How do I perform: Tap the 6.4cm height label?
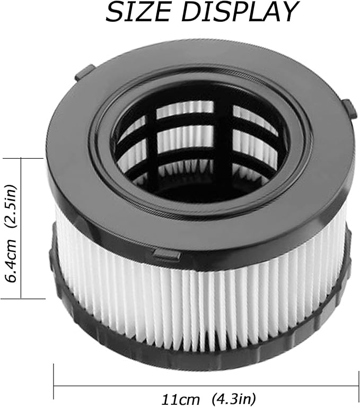pyautogui.click(x=12, y=262)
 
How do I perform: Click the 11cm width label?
pyautogui.click(x=181, y=399)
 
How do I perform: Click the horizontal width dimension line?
pyautogui.click(x=206, y=386)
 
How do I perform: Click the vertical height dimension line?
pyautogui.click(x=21, y=228)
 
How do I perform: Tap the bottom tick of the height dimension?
pyautogui.click(x=23, y=299)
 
